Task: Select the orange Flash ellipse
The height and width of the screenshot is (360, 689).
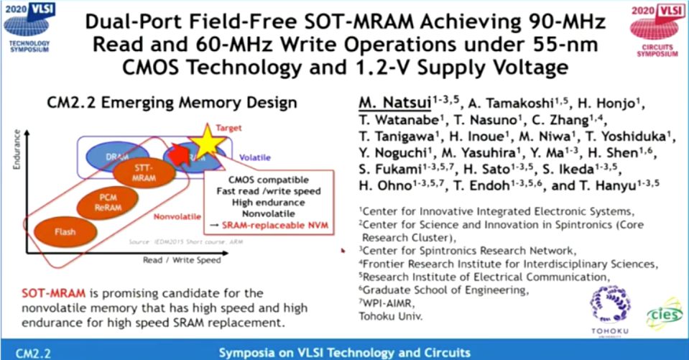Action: click(65, 232)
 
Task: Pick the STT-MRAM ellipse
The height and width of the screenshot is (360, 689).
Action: click(143, 172)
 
